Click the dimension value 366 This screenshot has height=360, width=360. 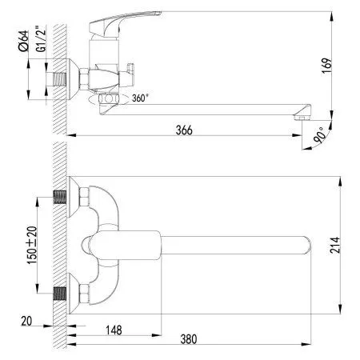(x=184, y=130)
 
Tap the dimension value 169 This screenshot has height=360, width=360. (x=327, y=66)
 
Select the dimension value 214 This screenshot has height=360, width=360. (x=335, y=245)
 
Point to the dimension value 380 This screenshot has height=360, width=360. (x=189, y=339)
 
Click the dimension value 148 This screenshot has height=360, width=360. (x=114, y=330)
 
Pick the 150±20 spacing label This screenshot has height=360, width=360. (x=32, y=245)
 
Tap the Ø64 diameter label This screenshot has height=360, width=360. (x=23, y=41)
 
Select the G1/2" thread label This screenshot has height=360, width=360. (x=41, y=38)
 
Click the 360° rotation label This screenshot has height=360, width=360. (x=140, y=98)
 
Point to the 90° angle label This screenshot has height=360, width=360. (x=320, y=135)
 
